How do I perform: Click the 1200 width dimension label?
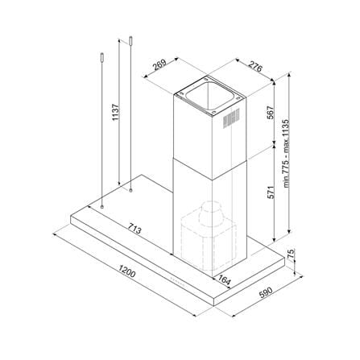127,271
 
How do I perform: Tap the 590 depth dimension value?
266,292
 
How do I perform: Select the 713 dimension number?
134,228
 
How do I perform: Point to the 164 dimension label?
224,280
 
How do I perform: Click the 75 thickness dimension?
292,254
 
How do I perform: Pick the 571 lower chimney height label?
271,192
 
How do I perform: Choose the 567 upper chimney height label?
270,113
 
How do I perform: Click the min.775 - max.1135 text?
287,154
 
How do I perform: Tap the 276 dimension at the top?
254,67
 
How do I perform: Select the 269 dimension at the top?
159,64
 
